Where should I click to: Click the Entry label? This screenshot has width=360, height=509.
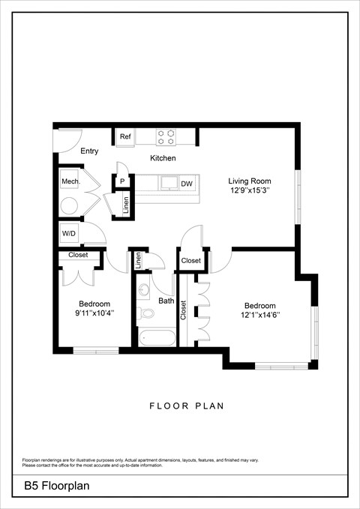[89, 151]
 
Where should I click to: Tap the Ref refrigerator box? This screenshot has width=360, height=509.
[125, 137]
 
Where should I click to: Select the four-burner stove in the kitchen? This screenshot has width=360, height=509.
[166, 136]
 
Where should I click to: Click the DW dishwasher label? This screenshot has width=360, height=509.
[187, 184]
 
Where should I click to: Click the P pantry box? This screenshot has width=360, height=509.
[121, 182]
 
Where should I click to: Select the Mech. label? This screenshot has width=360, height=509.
[70, 182]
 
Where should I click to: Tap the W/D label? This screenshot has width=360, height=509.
[69, 234]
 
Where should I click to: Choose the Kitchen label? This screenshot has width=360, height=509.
[163, 158]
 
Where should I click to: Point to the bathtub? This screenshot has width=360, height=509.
[157, 337]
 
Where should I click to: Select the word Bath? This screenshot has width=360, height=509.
[166, 301]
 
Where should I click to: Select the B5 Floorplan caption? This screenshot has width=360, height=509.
[56, 486]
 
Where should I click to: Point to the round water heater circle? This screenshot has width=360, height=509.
[70, 207]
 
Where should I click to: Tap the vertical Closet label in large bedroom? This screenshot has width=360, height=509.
[184, 310]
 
